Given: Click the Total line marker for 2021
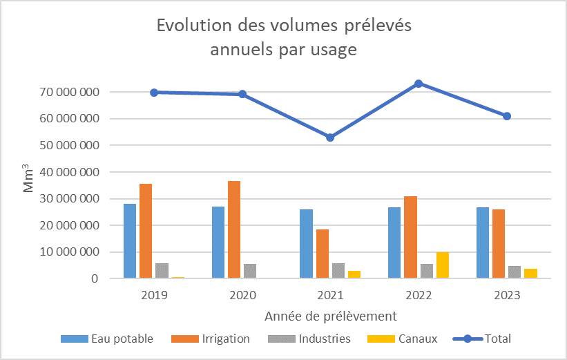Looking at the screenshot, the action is [x=330, y=138].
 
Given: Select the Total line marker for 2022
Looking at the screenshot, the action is [x=419, y=84].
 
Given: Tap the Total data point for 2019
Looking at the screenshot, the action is [x=154, y=93].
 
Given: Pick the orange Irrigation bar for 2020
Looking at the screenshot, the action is [x=234, y=229].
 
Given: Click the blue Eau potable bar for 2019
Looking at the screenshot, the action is [x=130, y=241].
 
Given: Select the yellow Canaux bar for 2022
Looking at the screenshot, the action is [x=443, y=265].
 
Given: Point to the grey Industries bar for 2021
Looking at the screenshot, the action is [x=338, y=271].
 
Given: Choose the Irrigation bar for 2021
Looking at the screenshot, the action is [x=323, y=254].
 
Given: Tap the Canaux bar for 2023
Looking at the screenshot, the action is [x=531, y=274].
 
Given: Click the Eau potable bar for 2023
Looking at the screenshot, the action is [x=483, y=243].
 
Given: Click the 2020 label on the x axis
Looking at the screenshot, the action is [x=242, y=295].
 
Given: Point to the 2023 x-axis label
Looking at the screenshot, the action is [x=507, y=295].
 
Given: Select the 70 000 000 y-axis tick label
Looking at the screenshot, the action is [x=70, y=92].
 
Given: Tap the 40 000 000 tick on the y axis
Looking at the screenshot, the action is [x=70, y=172].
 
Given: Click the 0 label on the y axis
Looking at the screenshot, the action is [x=95, y=278].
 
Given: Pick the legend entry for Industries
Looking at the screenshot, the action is [x=309, y=339].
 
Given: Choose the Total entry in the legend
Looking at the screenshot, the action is [x=482, y=339].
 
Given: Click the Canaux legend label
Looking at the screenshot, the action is [x=418, y=339].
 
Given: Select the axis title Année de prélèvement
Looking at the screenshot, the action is [x=331, y=316].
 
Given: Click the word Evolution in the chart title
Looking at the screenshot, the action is [x=194, y=26].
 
